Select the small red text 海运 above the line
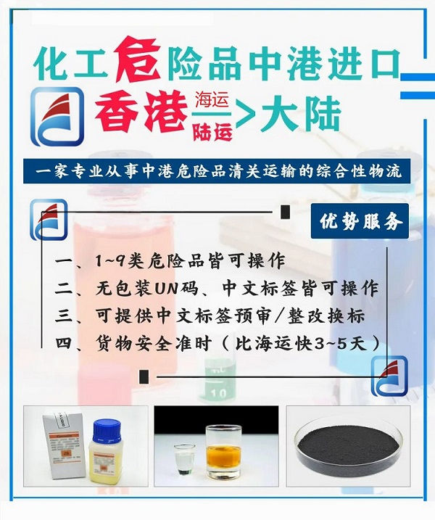pyautogui.click(x=212, y=100)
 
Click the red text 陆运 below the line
pyautogui.click(x=213, y=132)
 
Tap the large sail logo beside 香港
pyautogui.click(x=57, y=117)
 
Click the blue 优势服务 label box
pyautogui.click(x=360, y=221)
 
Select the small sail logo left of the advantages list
pyautogui.click(x=49, y=219)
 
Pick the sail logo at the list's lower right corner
pyautogui.click(x=389, y=376)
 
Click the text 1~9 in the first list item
pyautogui.click(x=109, y=262)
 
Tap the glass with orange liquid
pyautogui.click(x=223, y=452)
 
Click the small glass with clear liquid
pyautogui.click(x=185, y=459)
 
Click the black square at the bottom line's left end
pyautogui.click(x=144, y=376)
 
